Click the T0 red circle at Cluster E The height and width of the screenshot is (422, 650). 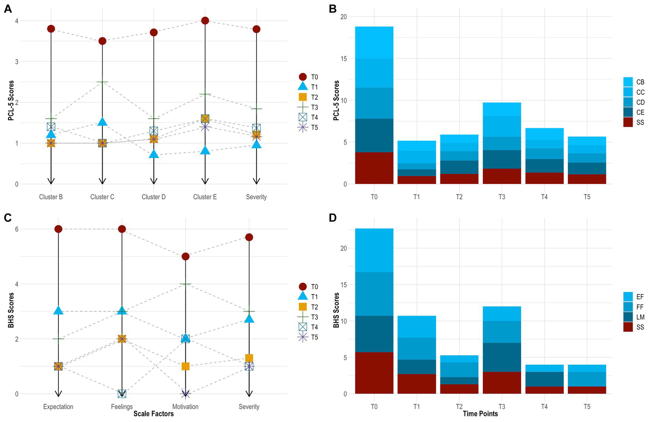(205, 21)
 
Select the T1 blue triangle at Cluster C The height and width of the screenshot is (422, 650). (102, 122)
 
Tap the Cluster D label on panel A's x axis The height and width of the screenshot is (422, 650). (154, 197)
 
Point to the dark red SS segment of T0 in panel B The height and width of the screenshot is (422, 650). (374, 168)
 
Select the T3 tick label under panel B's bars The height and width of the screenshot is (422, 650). (501, 197)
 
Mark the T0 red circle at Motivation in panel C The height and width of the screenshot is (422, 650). (185, 256)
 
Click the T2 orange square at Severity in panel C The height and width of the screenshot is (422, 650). (249, 358)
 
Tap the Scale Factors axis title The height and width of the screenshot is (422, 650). (153, 414)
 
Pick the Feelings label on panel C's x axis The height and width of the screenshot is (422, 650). (122, 407)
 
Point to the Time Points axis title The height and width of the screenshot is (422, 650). (480, 414)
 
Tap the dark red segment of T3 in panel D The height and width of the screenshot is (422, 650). (501, 383)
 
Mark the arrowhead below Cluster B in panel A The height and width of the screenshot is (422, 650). (51, 181)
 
